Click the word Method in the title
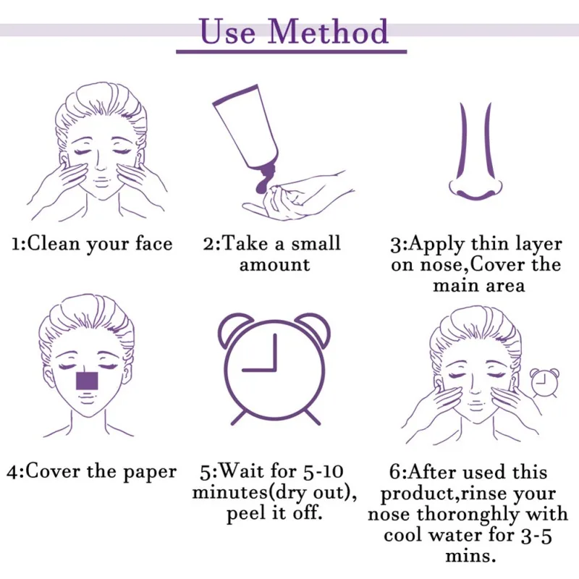tap(328, 32)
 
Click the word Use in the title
tap(228, 32)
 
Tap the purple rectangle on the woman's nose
tap(87, 381)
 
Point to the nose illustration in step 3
tap(476, 151)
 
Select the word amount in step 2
tap(275, 265)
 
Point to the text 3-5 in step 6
tap(536, 536)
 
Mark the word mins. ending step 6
tap(470, 556)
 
